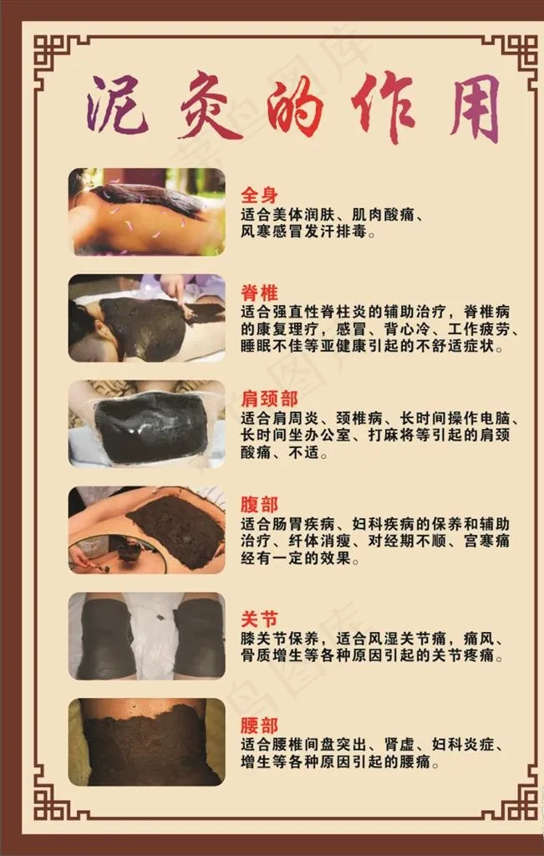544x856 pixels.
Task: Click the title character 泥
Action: [117, 105]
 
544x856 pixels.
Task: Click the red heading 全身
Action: [259, 196]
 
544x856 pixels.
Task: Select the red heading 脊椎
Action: [259, 293]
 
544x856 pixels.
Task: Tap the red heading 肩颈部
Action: [269, 399]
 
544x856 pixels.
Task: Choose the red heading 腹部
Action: [259, 504]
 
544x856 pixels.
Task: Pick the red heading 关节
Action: [259, 619]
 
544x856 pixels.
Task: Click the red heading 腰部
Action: [259, 726]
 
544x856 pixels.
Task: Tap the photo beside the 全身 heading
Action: [147, 211]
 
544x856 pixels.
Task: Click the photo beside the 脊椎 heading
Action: [147, 318]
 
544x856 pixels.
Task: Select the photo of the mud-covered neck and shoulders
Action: [147, 424]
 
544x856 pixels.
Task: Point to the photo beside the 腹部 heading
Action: [147, 530]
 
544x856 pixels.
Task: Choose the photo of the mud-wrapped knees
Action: [147, 636]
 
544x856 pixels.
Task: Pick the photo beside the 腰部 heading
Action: [147, 742]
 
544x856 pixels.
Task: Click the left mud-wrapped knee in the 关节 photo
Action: [106, 639]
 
